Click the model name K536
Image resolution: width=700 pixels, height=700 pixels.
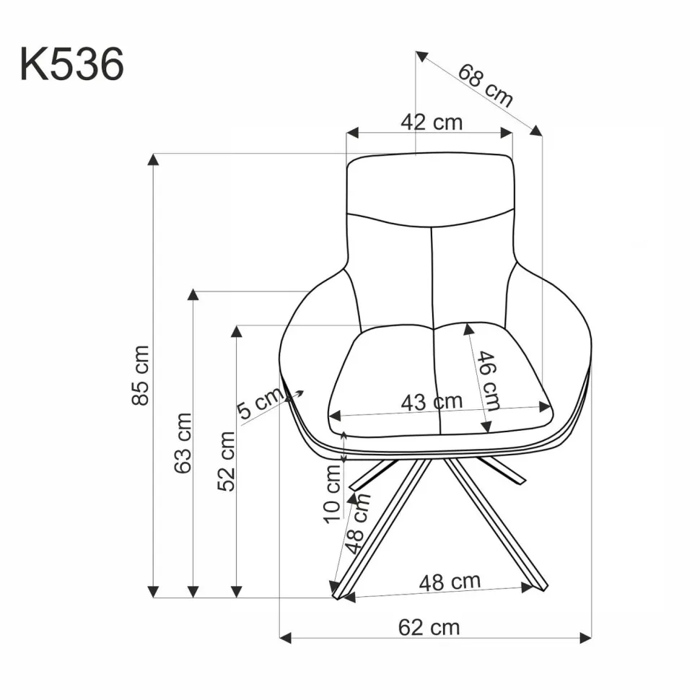pos(71,64)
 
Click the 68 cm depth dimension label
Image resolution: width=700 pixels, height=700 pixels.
pos(485,86)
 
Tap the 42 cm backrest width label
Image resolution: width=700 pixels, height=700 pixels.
pos(432,123)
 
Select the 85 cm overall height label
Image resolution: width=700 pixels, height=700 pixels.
pos(140,375)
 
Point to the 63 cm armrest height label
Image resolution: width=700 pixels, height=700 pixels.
pos(183,443)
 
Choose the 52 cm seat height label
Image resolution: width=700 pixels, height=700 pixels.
pos(226,462)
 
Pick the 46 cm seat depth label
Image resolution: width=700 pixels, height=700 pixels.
pos(488,381)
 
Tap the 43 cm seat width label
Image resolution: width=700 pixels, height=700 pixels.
pos(432,402)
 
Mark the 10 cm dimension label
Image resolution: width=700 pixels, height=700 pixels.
pos(332,494)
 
